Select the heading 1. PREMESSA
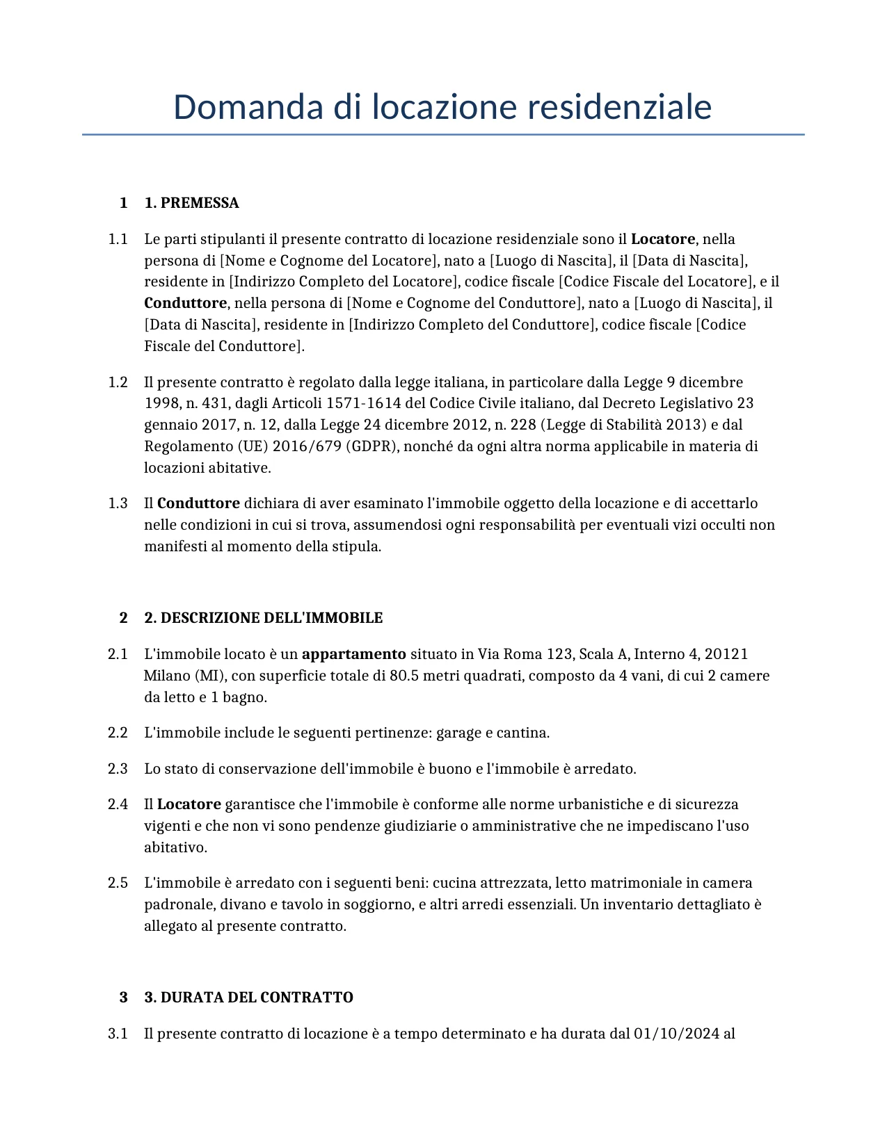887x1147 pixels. coord(191,203)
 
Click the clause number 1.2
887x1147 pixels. coord(118,382)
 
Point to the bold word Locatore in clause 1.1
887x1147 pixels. coord(662,239)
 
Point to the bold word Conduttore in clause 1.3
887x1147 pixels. coord(198,503)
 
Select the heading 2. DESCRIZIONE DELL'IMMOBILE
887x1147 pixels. coord(263,618)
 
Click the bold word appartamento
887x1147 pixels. coord(353,654)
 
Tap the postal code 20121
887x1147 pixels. coord(726,654)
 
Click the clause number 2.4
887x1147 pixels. coord(118,804)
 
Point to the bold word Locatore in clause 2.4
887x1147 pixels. coord(189,804)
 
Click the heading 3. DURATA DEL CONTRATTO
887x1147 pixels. coord(248,998)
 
